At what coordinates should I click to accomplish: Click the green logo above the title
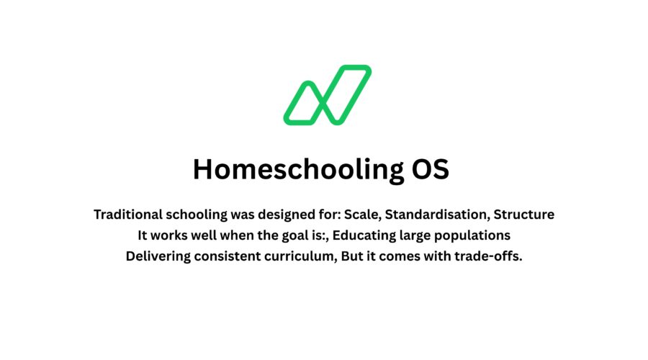[x=327, y=94]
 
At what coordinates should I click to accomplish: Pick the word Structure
[x=523, y=215]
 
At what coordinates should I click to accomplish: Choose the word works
[x=171, y=235]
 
